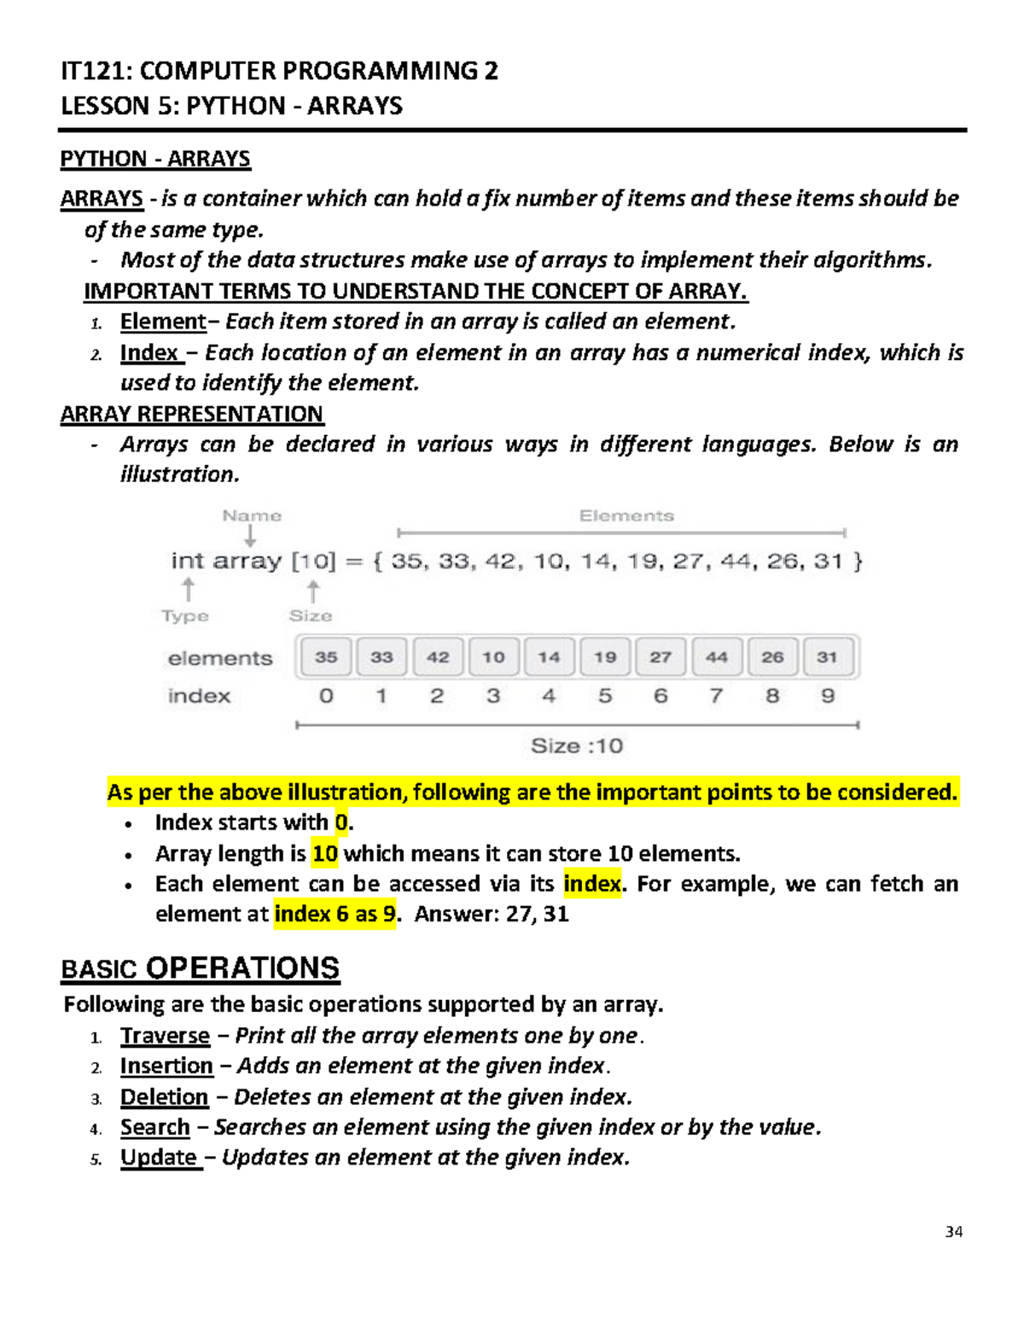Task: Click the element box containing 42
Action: pyautogui.click(x=438, y=658)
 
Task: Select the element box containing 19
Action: pyautogui.click(x=605, y=658)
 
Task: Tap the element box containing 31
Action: pyautogui.click(x=827, y=658)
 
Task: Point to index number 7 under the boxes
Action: pyautogui.click(x=716, y=696)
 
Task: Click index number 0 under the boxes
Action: pyautogui.click(x=326, y=696)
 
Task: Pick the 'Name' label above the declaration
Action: pyautogui.click(x=252, y=516)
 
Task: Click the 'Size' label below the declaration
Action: pyautogui.click(x=311, y=616)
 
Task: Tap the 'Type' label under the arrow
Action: pyautogui.click(x=185, y=616)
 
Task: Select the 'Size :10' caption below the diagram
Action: pyautogui.click(x=577, y=747)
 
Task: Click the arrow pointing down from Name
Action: pyautogui.click(x=250, y=536)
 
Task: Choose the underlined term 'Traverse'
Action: pyautogui.click(x=165, y=1036)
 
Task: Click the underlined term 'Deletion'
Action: pyautogui.click(x=164, y=1097)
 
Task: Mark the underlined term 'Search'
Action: pyautogui.click(x=154, y=1128)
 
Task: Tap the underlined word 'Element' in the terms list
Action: pyautogui.click(x=163, y=322)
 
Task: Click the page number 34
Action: pyautogui.click(x=954, y=1232)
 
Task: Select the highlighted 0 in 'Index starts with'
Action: pyautogui.click(x=341, y=822)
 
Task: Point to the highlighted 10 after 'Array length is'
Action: pyautogui.click(x=325, y=854)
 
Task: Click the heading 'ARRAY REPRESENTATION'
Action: pyautogui.click(x=192, y=415)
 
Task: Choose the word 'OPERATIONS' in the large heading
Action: pyautogui.click(x=242, y=968)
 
